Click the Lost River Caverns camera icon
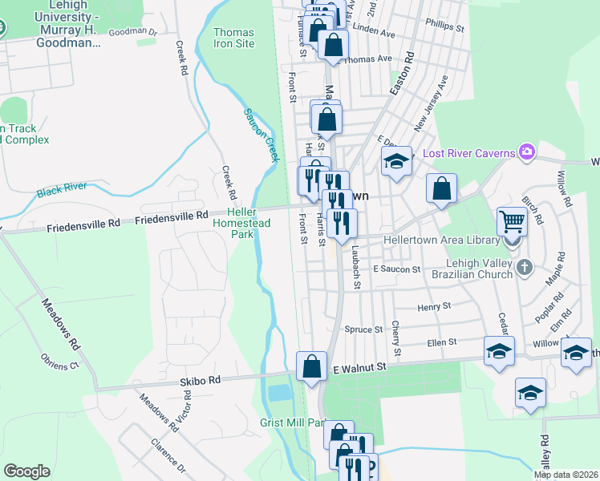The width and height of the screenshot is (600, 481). click(527, 152)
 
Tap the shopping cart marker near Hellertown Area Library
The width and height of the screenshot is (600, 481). click(512, 220)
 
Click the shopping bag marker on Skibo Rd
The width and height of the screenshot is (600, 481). click(311, 366)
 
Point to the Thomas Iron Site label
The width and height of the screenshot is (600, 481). click(234, 38)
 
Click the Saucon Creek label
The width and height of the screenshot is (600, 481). click(260, 134)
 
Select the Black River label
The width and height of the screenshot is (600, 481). click(62, 191)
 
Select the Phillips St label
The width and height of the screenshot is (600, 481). click(445, 24)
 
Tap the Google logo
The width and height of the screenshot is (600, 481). click(26, 471)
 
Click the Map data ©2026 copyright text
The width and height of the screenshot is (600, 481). click(566, 475)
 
